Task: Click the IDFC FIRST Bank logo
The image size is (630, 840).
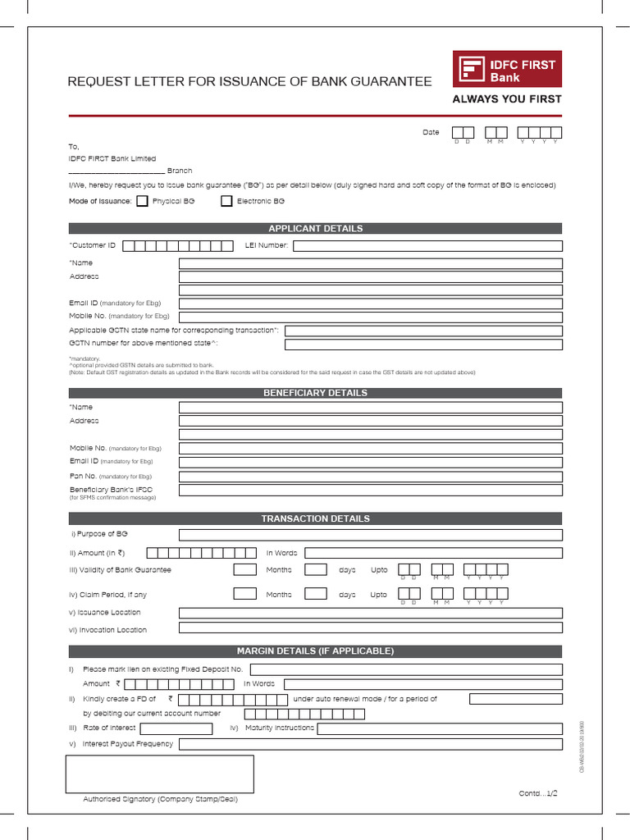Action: coord(507,70)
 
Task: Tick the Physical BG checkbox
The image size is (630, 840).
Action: coord(143,201)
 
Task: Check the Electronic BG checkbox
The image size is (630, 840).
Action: coord(226,201)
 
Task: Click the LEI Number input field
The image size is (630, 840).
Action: coord(427,245)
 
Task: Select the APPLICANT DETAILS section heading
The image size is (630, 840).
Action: coord(315,228)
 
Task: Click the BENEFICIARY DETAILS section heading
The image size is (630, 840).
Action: coord(315,393)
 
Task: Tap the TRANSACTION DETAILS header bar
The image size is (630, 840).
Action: coord(315,518)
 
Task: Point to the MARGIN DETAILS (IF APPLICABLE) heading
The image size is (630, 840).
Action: coord(315,651)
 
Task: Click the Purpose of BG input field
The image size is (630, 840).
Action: coord(371,535)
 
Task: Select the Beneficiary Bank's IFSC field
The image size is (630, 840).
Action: coord(371,490)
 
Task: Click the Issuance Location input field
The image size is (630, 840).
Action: coord(371,613)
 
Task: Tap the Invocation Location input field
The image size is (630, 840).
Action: coord(371,628)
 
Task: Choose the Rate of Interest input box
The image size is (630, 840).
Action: coord(176,728)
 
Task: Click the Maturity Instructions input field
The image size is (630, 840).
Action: coord(440,728)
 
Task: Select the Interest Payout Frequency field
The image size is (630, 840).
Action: coord(371,744)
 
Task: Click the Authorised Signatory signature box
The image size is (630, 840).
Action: coord(160,774)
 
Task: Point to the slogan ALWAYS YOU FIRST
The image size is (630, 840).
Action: coord(507,99)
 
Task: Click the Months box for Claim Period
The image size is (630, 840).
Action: coord(244,594)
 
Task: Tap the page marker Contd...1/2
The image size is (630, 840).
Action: coord(538,793)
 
